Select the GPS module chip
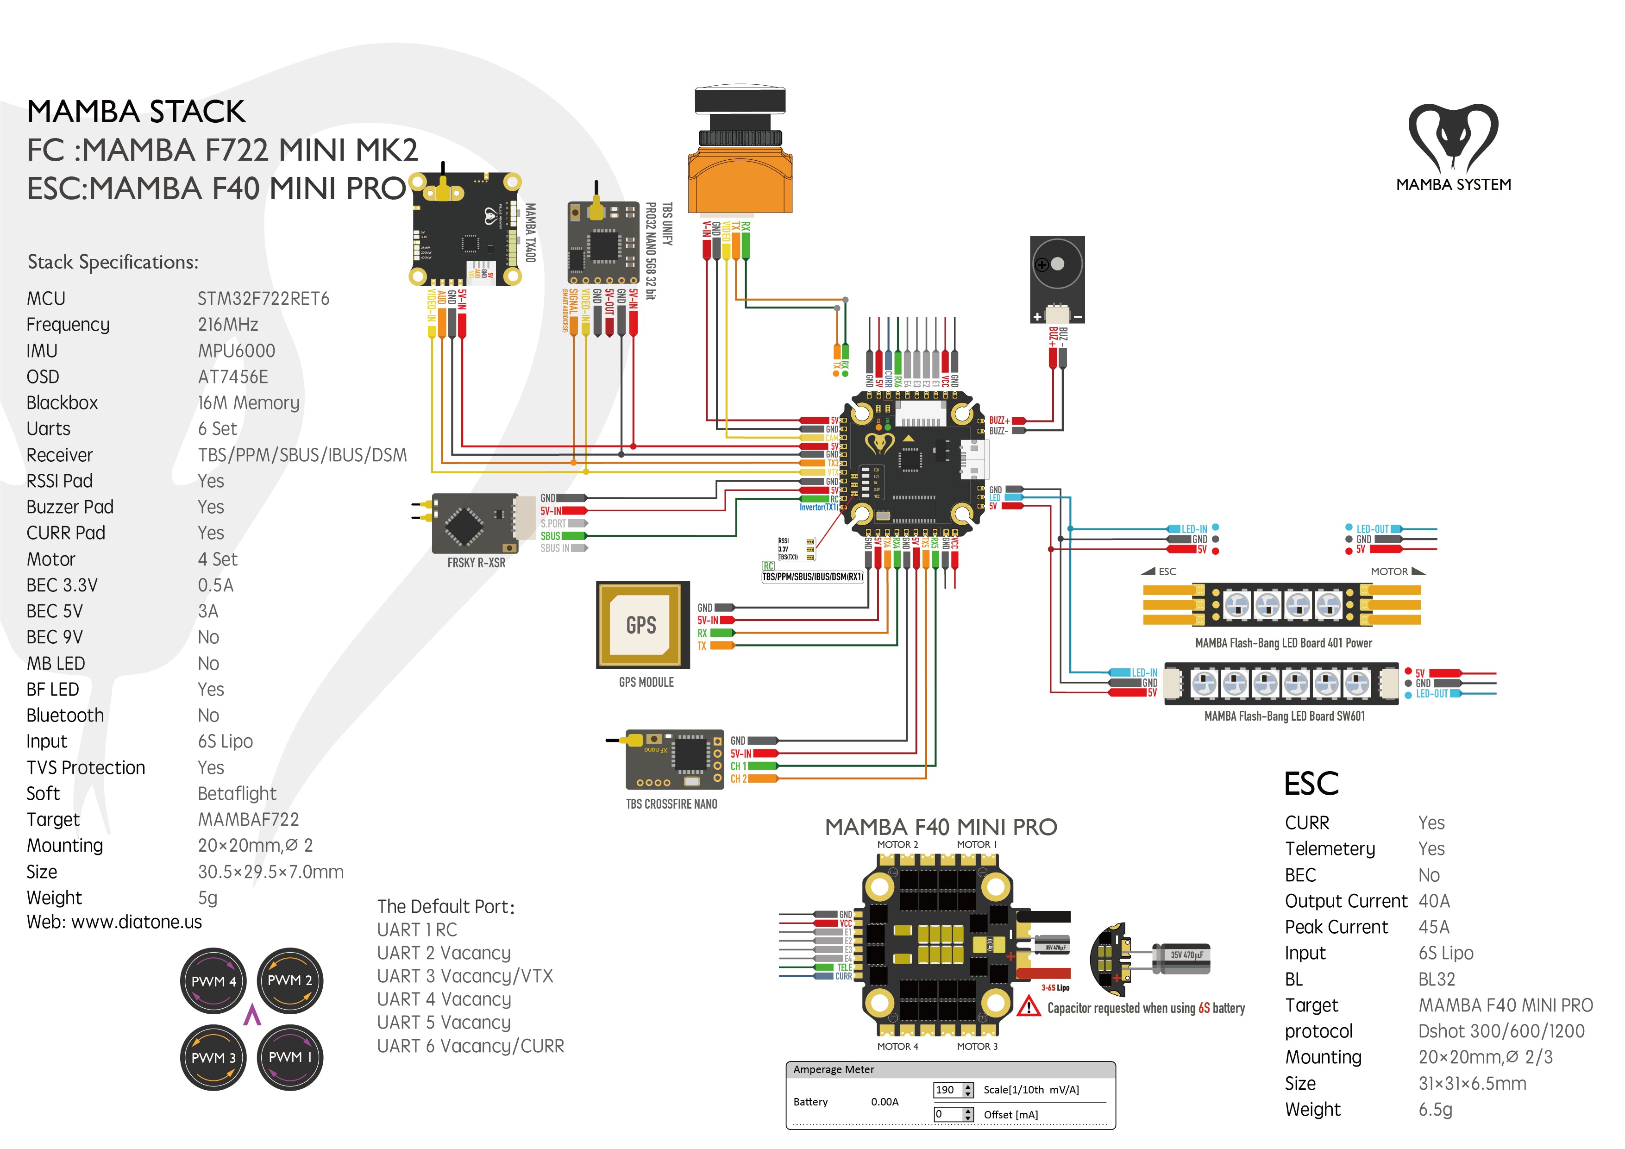click(x=642, y=624)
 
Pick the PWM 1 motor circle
click(x=289, y=1057)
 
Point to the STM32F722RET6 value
click(x=264, y=299)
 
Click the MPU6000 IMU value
click(x=236, y=351)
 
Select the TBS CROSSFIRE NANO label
click(x=671, y=804)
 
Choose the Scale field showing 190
click(x=953, y=1090)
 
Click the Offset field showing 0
click(x=953, y=1114)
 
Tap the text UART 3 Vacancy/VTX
click(x=465, y=976)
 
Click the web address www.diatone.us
click(x=137, y=922)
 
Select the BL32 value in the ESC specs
click(x=1437, y=979)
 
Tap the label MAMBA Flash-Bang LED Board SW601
click(x=1285, y=716)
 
